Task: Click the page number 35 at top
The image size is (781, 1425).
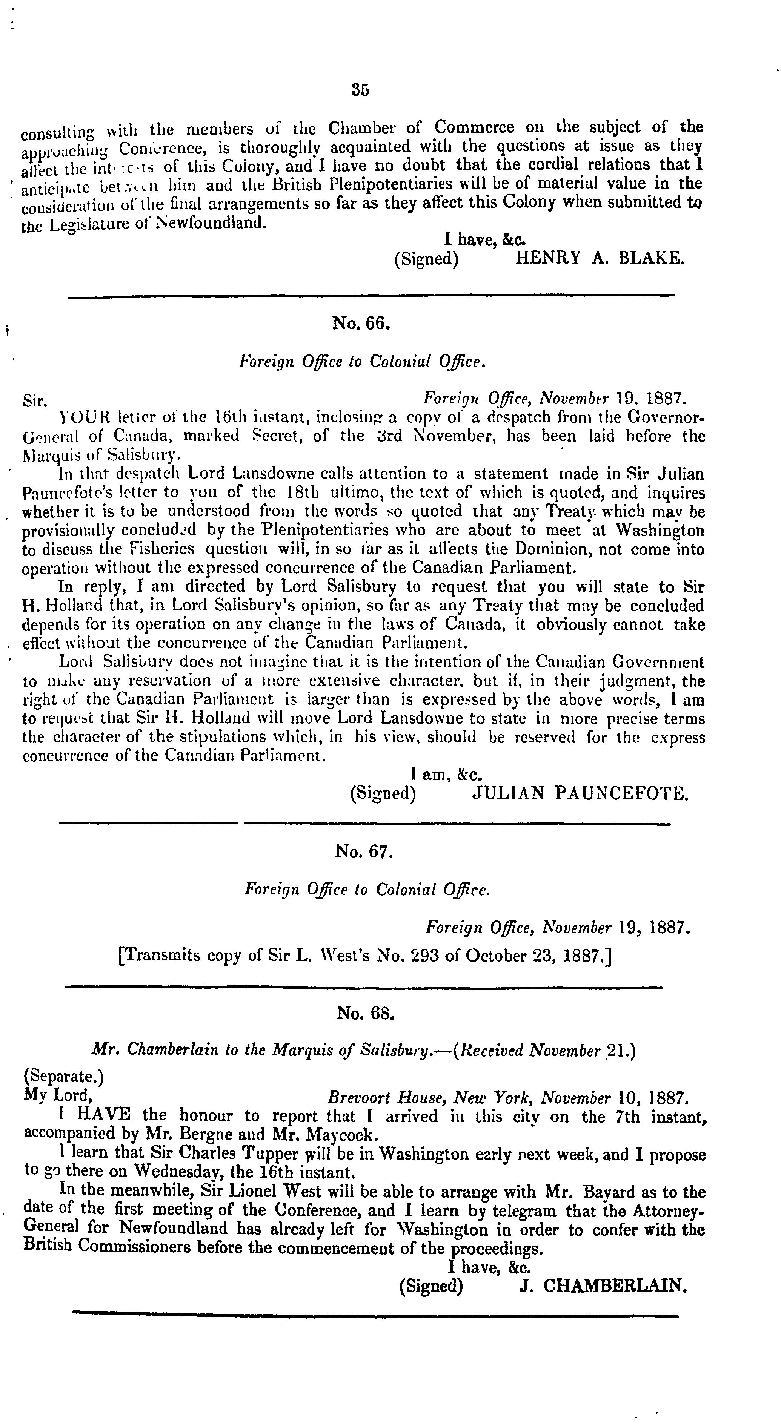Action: point(360,90)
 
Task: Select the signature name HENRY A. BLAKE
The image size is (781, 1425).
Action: point(600,258)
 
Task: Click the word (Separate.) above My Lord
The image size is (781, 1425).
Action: point(64,1077)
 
